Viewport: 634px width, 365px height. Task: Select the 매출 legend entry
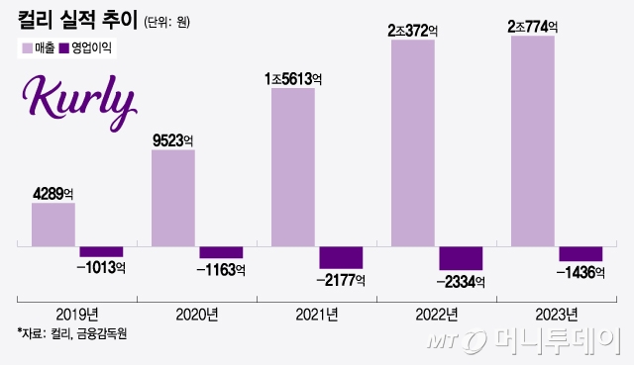(x=37, y=47)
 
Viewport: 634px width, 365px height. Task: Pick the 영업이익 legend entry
(x=87, y=47)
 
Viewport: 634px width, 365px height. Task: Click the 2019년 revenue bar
(x=53, y=224)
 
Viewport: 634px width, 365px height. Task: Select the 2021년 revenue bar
(x=292, y=166)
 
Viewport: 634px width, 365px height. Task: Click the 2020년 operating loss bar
(x=221, y=252)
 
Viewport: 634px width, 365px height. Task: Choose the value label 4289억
(x=54, y=193)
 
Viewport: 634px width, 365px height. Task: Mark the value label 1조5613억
(x=294, y=77)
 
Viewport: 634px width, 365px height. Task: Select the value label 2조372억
(x=413, y=30)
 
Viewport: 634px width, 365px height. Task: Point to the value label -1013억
(x=102, y=268)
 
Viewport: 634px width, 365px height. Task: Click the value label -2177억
(x=342, y=280)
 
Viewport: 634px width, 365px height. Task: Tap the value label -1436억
(x=581, y=272)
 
